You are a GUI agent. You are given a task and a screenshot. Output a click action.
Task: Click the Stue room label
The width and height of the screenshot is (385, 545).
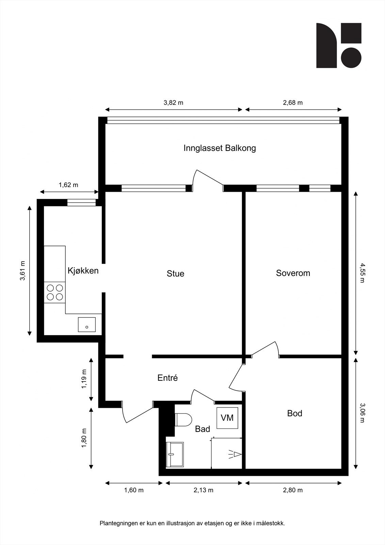click(x=175, y=274)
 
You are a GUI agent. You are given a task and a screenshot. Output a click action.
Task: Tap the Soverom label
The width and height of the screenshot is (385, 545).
click(x=293, y=273)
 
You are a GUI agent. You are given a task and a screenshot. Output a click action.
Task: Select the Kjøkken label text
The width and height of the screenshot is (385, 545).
click(x=83, y=270)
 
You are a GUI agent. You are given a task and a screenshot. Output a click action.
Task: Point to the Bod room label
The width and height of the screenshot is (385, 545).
click(x=294, y=414)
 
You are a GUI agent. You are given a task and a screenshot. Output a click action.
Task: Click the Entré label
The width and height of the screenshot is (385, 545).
click(x=167, y=378)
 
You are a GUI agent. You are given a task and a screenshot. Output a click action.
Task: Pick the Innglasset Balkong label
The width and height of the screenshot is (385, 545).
click(x=220, y=148)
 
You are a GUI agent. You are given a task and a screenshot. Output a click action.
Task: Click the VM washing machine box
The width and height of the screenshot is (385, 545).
click(x=227, y=418)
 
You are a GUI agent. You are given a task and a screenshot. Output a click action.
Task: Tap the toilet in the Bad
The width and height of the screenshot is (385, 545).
click(x=183, y=419)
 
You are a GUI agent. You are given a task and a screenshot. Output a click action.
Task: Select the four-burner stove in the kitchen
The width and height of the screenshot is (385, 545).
click(x=55, y=292)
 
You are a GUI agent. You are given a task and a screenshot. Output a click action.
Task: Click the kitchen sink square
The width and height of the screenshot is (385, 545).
click(x=87, y=325)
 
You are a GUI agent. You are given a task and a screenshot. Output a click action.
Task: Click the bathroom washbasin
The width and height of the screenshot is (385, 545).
click(x=175, y=455)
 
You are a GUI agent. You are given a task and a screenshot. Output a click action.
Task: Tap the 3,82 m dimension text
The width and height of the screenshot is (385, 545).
click(x=173, y=103)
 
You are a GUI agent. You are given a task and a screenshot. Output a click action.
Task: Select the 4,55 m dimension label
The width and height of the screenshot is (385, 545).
click(x=363, y=273)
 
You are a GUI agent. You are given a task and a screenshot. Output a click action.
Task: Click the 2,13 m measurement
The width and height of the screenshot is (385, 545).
click(x=203, y=490)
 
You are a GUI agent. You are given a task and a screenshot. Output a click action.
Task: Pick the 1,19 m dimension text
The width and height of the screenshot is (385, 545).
click(x=84, y=379)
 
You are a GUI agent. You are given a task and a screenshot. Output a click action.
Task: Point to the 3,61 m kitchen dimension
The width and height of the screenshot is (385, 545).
click(x=22, y=271)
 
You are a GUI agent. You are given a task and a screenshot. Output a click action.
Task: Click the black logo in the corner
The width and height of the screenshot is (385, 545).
click(x=339, y=46)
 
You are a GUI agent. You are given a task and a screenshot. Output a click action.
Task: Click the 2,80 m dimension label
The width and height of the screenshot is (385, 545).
click(x=293, y=490)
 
